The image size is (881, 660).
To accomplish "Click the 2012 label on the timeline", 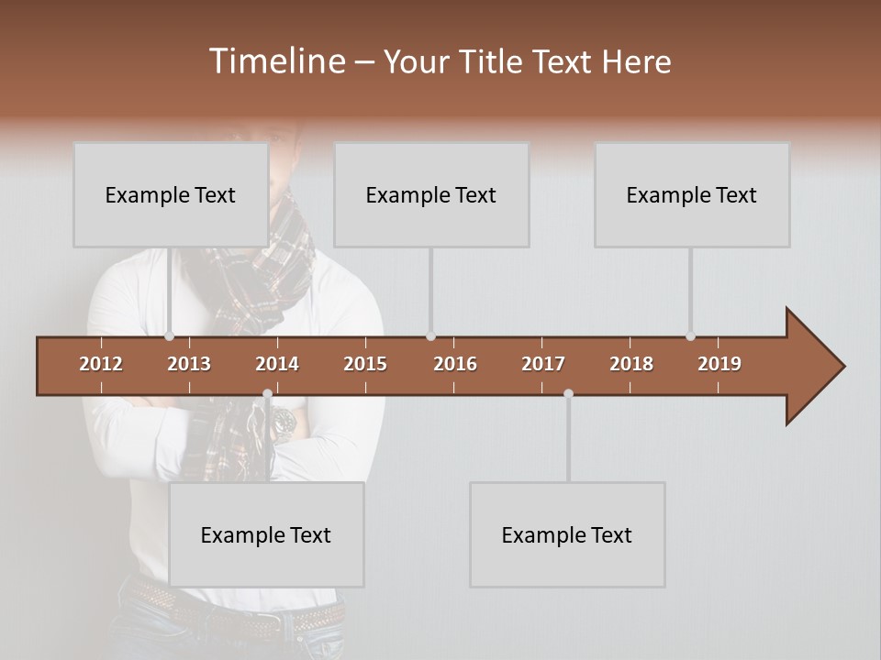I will click(x=101, y=364).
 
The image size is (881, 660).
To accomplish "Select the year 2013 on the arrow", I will click(x=189, y=364).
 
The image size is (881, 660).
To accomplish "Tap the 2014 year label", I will click(x=277, y=364).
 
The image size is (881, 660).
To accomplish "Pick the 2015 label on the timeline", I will click(x=365, y=364).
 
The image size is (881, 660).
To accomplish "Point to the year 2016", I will click(x=455, y=364).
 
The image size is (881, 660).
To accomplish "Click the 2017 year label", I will click(x=543, y=364).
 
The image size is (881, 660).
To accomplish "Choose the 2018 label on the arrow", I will click(x=631, y=364).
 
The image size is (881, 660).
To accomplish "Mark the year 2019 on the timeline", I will click(x=719, y=364).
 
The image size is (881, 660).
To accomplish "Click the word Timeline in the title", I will click(x=275, y=61).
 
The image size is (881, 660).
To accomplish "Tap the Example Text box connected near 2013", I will click(x=170, y=194).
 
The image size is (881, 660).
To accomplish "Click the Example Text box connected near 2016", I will click(x=430, y=194).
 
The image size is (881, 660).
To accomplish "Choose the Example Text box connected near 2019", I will click(x=691, y=194).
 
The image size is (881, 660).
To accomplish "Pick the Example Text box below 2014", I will click(x=266, y=534).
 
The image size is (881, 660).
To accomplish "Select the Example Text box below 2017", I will click(x=566, y=534).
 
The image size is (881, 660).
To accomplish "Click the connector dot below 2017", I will click(x=568, y=394).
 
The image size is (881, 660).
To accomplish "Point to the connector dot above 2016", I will click(x=430, y=336).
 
